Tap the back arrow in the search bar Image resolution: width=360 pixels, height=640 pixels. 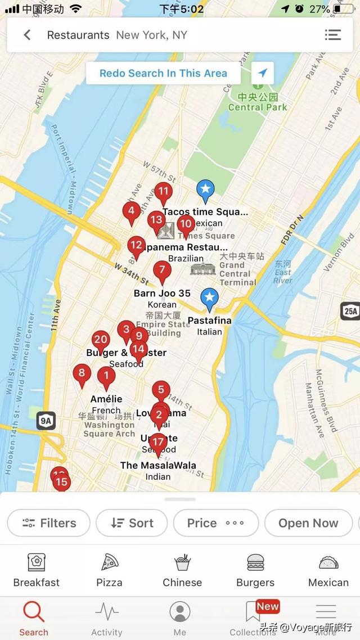point(27,35)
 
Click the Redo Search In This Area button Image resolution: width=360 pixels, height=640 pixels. point(163,73)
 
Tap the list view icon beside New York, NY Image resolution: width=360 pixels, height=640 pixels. point(333,35)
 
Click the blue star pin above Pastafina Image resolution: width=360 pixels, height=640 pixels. point(210,298)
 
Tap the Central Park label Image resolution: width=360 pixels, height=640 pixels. point(258,107)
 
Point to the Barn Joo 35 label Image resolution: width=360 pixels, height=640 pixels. point(162,294)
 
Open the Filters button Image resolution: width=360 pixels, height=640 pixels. point(49,523)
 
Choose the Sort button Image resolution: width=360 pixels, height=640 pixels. point(132,523)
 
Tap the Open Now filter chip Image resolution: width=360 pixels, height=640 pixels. point(308,523)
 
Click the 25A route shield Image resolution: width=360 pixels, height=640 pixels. point(349,310)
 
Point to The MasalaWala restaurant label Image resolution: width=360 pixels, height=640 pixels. point(158,465)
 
